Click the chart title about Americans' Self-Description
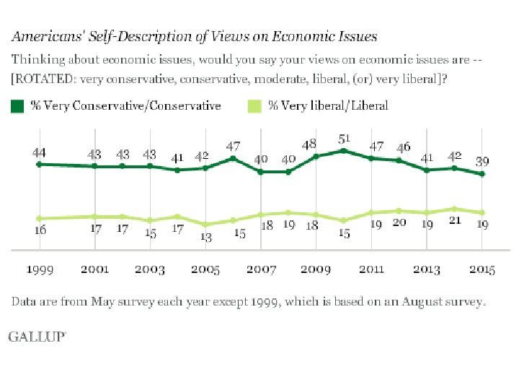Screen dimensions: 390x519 pyautogui.click(x=192, y=35)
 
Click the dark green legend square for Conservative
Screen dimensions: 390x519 pyautogui.click(x=17, y=106)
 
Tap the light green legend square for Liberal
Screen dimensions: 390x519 pyautogui.click(x=254, y=106)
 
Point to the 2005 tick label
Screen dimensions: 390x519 pyautogui.click(x=206, y=269)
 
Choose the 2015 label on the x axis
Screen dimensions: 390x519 pyautogui.click(x=482, y=269)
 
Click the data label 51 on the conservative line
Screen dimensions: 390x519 pyautogui.click(x=345, y=138)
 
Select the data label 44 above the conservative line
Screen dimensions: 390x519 pyautogui.click(x=40, y=153)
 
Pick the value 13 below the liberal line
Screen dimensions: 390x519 pyautogui.click(x=206, y=237)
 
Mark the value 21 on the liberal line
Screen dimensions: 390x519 pyautogui.click(x=455, y=220)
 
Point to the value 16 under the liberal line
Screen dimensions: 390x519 pyautogui.click(x=40, y=230)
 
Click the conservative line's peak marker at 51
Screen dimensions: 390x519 pyautogui.click(x=344, y=151)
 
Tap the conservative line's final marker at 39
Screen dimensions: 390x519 pyautogui.click(x=482, y=174)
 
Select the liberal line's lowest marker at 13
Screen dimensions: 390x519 pyautogui.click(x=205, y=224)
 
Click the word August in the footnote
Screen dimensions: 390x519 pyautogui.click(x=391, y=301)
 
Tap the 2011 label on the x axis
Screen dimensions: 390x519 pyautogui.click(x=372, y=269)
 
